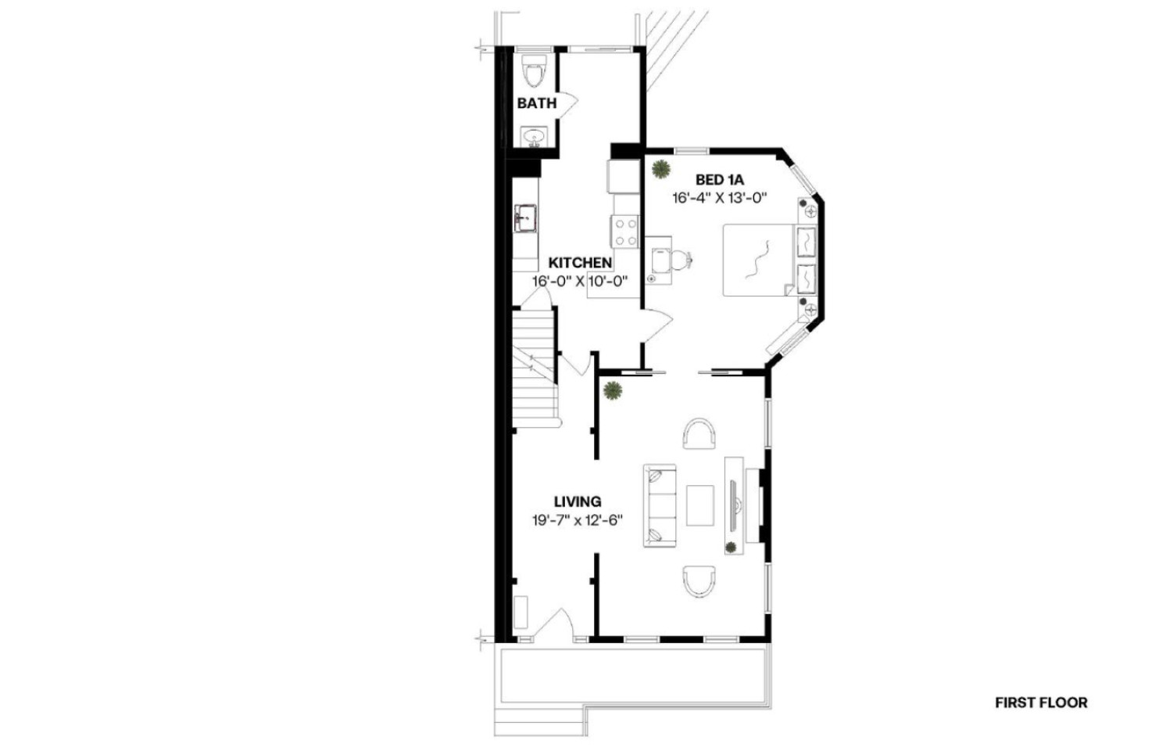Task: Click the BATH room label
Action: point(537,103)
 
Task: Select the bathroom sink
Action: point(533,137)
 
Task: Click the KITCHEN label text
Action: point(580,263)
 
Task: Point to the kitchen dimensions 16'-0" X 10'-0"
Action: point(580,282)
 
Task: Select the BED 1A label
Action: point(719,180)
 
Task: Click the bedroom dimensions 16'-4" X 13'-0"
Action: point(719,198)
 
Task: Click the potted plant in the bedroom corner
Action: point(660,169)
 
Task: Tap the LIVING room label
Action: point(578,501)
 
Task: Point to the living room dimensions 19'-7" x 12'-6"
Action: point(578,520)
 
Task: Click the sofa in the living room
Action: point(660,505)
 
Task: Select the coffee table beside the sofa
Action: point(700,505)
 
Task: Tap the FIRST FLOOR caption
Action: point(1041,702)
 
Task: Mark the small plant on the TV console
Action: point(731,547)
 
